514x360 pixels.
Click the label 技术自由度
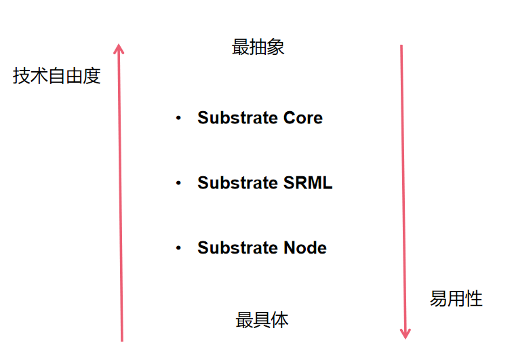pos(56,76)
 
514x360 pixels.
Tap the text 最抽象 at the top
pos(258,47)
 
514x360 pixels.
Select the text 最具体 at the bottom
pos(262,320)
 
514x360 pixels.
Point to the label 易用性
pos(456,298)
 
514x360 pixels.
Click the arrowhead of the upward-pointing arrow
pos(119,48)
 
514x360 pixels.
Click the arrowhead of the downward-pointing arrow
pos(405,333)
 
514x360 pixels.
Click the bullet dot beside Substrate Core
pos(178,118)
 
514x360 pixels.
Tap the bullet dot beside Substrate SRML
pos(178,183)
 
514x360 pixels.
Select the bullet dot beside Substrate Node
pos(178,248)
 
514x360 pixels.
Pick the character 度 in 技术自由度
pos(92,76)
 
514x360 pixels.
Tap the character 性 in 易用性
pos(473,298)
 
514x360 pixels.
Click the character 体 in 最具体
pos(279,320)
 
